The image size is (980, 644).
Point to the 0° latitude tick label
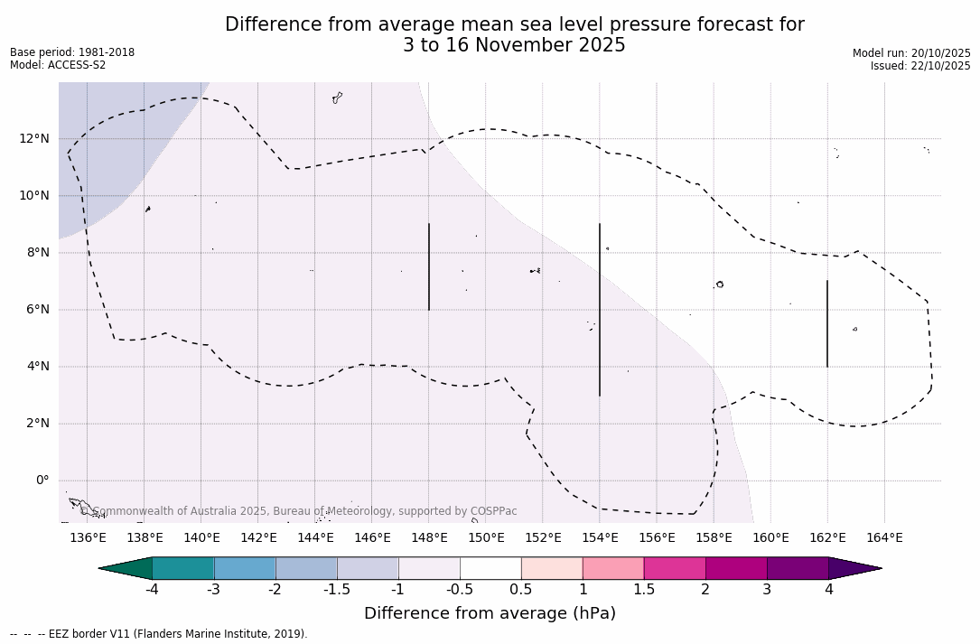tap(42, 481)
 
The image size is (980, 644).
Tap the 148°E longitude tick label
tap(429, 538)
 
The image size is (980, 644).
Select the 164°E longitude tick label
tap(884, 538)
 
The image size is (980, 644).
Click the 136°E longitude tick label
tap(88, 538)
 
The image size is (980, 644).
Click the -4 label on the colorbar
tap(153, 590)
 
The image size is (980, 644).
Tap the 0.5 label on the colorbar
tap(521, 590)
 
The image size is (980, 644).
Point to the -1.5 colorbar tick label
tap(337, 590)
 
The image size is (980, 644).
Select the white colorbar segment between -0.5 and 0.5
tap(490, 568)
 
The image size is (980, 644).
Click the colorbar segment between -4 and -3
tap(183, 568)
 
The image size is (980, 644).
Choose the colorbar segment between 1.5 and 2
tap(675, 568)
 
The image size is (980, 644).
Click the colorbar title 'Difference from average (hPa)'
tap(490, 614)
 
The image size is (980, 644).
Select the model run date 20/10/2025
tap(941, 53)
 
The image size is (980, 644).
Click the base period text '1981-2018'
tap(107, 52)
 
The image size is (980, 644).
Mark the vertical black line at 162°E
tap(826, 323)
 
